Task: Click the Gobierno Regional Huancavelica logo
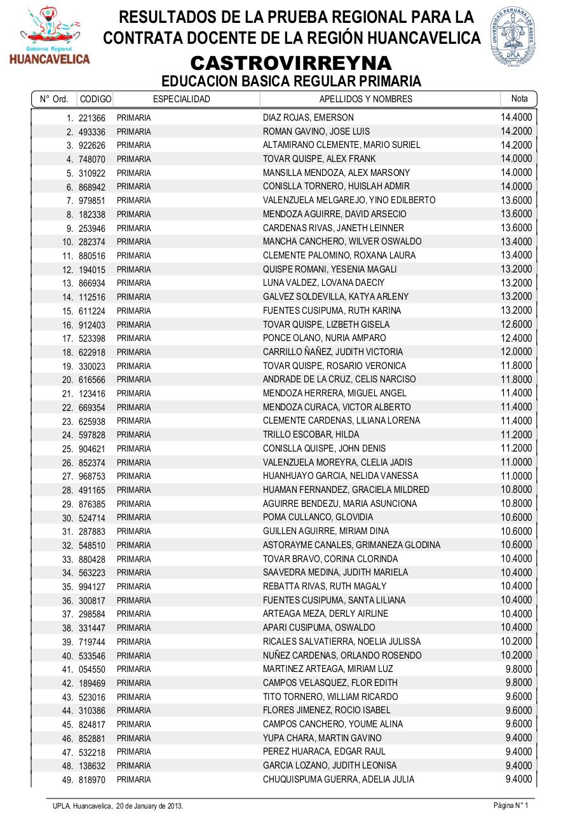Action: [x=50, y=36]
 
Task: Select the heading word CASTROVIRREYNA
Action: [x=291, y=64]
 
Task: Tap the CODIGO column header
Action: [x=96, y=99]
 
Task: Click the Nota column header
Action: [x=519, y=98]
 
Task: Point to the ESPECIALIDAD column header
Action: [x=182, y=99]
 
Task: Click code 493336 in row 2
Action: [x=92, y=131]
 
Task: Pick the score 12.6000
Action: [x=516, y=324]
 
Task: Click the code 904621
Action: [x=92, y=448]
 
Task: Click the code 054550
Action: [x=92, y=669]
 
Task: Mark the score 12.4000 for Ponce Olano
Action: [x=516, y=338]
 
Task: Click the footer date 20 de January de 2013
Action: [x=149, y=805]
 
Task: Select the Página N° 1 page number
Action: [x=511, y=805]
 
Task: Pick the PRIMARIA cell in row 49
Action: [x=133, y=779]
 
